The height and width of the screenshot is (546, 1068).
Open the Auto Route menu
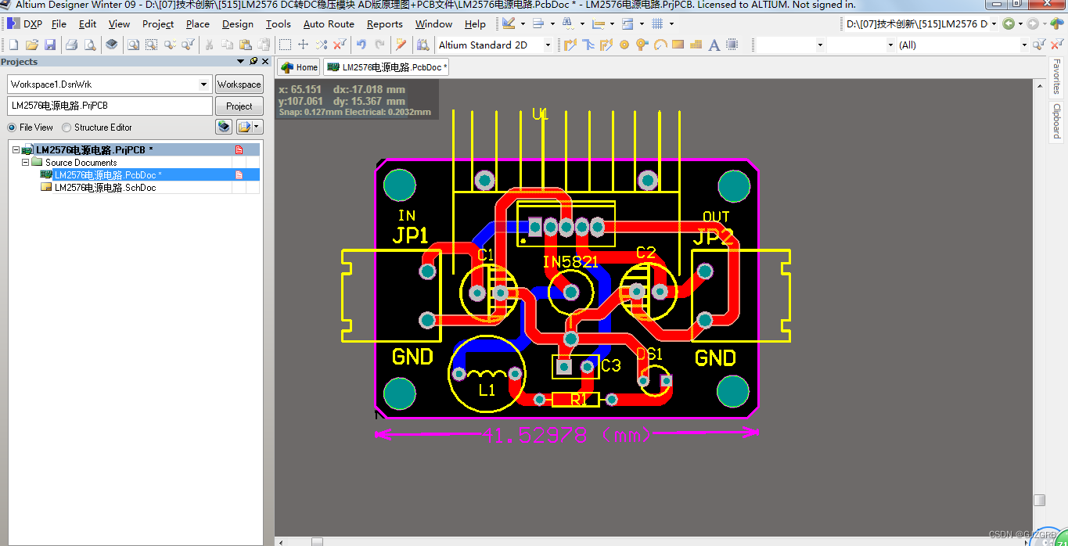[x=329, y=24]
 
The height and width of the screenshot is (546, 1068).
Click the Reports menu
[x=384, y=24]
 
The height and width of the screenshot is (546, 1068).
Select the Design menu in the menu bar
[x=237, y=24]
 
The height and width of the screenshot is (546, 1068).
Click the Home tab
[x=300, y=67]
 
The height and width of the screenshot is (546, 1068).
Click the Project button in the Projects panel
[x=239, y=106]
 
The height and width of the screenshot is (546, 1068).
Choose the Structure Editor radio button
[x=67, y=128]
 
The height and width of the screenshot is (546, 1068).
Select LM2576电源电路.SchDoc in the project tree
[x=105, y=188]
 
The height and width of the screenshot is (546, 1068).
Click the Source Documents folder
[x=81, y=163]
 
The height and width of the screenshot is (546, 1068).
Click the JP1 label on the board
[x=410, y=235]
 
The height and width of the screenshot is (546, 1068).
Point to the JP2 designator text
[x=713, y=237]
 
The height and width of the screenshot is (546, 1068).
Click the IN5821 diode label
[x=570, y=262]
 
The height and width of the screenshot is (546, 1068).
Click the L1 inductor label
[x=487, y=390]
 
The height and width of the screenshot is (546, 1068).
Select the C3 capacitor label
[x=610, y=365]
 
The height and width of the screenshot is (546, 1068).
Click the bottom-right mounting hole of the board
[x=734, y=391]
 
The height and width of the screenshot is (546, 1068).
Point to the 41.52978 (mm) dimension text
[x=566, y=435]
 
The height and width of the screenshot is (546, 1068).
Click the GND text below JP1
[x=412, y=357]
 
